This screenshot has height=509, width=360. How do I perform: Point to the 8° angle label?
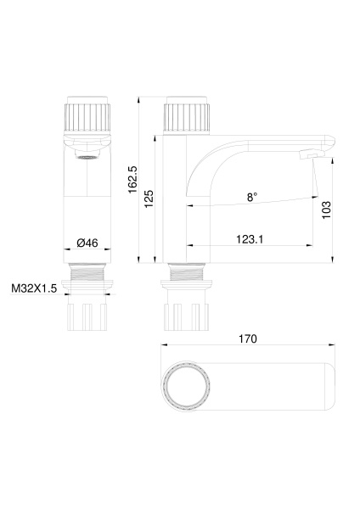pyautogui.click(x=252, y=197)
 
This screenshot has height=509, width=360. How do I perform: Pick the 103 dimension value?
pyautogui.click(x=326, y=210)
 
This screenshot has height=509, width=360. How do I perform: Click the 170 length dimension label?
pyautogui.click(x=248, y=338)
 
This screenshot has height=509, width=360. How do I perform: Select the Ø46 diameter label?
pyautogui.click(x=87, y=243)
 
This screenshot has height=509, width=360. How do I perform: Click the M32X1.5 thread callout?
pyautogui.click(x=34, y=288)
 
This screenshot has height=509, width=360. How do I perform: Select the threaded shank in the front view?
pyautogui.click(x=87, y=277)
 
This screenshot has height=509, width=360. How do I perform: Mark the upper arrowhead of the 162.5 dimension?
pyautogui.click(x=139, y=100)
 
